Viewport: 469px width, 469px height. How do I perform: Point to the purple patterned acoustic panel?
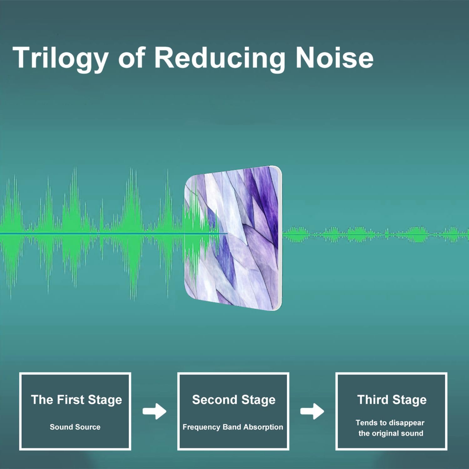(x=234, y=239)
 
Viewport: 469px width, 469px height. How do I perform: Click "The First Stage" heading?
(x=76, y=400)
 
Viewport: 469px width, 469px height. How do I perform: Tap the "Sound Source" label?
(x=75, y=427)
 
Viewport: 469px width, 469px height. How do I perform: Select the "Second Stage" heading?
(x=234, y=400)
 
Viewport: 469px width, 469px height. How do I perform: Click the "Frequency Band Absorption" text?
(x=233, y=427)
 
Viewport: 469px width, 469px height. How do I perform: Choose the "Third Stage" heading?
(x=392, y=400)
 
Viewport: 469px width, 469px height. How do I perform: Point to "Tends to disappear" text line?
(x=390, y=423)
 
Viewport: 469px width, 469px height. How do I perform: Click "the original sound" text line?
(x=391, y=433)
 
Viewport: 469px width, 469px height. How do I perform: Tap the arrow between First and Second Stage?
(x=154, y=411)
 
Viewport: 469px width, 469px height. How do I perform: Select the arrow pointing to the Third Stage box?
(x=312, y=411)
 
